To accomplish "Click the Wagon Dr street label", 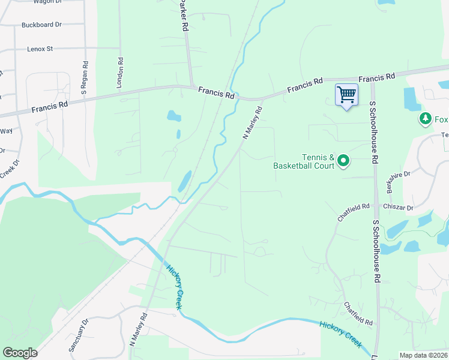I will [x=48, y=2].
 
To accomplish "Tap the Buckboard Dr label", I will [x=41, y=25].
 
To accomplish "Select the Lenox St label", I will [x=40, y=49].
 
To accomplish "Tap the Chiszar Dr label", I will [x=402, y=208].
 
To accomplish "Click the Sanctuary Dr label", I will [x=78, y=334].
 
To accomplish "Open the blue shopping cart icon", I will [x=346, y=95].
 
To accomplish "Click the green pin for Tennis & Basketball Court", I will [x=343, y=160].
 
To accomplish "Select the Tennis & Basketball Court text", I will [x=303, y=161].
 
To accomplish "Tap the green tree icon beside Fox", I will [x=426, y=119].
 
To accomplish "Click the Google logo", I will [x=20, y=353].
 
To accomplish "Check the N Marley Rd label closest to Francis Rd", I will [x=253, y=123].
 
